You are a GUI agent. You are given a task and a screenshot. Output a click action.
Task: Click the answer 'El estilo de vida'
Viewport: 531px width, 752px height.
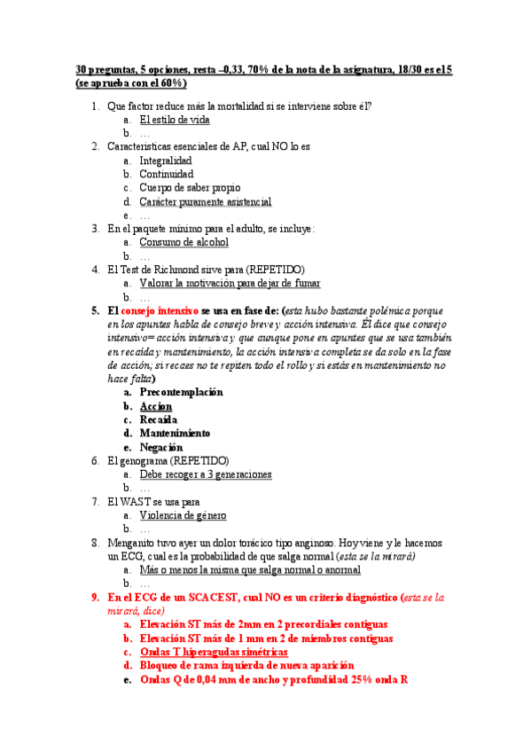[x=175, y=120]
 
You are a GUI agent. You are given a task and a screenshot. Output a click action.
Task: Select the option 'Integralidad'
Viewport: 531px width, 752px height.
[x=165, y=161]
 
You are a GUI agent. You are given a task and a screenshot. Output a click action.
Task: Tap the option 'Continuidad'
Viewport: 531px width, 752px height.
[x=166, y=175]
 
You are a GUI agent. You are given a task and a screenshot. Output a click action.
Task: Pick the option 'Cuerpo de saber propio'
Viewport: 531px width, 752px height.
[x=189, y=188]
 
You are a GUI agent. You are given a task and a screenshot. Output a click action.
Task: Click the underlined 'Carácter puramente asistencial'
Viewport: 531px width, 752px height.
[x=205, y=202]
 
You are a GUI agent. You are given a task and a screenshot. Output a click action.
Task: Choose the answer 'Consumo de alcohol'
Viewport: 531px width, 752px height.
[x=184, y=242]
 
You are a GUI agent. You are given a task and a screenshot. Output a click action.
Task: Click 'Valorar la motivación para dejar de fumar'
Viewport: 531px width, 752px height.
[x=230, y=283]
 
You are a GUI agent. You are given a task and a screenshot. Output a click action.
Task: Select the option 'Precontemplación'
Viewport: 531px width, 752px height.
[x=181, y=392]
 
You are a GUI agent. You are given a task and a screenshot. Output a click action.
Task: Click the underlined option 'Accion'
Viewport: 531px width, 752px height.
[x=156, y=406]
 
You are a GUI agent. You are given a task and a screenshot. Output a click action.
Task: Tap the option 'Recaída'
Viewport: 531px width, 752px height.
[x=159, y=419]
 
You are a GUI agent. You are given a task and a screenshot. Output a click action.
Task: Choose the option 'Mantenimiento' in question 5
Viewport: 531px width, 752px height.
[x=175, y=434]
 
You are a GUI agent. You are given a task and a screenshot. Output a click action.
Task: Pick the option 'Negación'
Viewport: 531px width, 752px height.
[x=161, y=447]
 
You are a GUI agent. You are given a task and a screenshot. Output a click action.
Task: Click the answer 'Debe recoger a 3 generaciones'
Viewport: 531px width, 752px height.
[x=206, y=474]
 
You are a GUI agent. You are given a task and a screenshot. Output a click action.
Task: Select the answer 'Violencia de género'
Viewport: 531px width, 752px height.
[x=183, y=515]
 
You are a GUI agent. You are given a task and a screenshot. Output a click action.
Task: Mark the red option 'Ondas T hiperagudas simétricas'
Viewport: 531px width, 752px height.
[x=207, y=652]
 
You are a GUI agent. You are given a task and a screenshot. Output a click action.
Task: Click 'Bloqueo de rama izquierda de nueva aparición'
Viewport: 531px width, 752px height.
[x=246, y=665]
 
